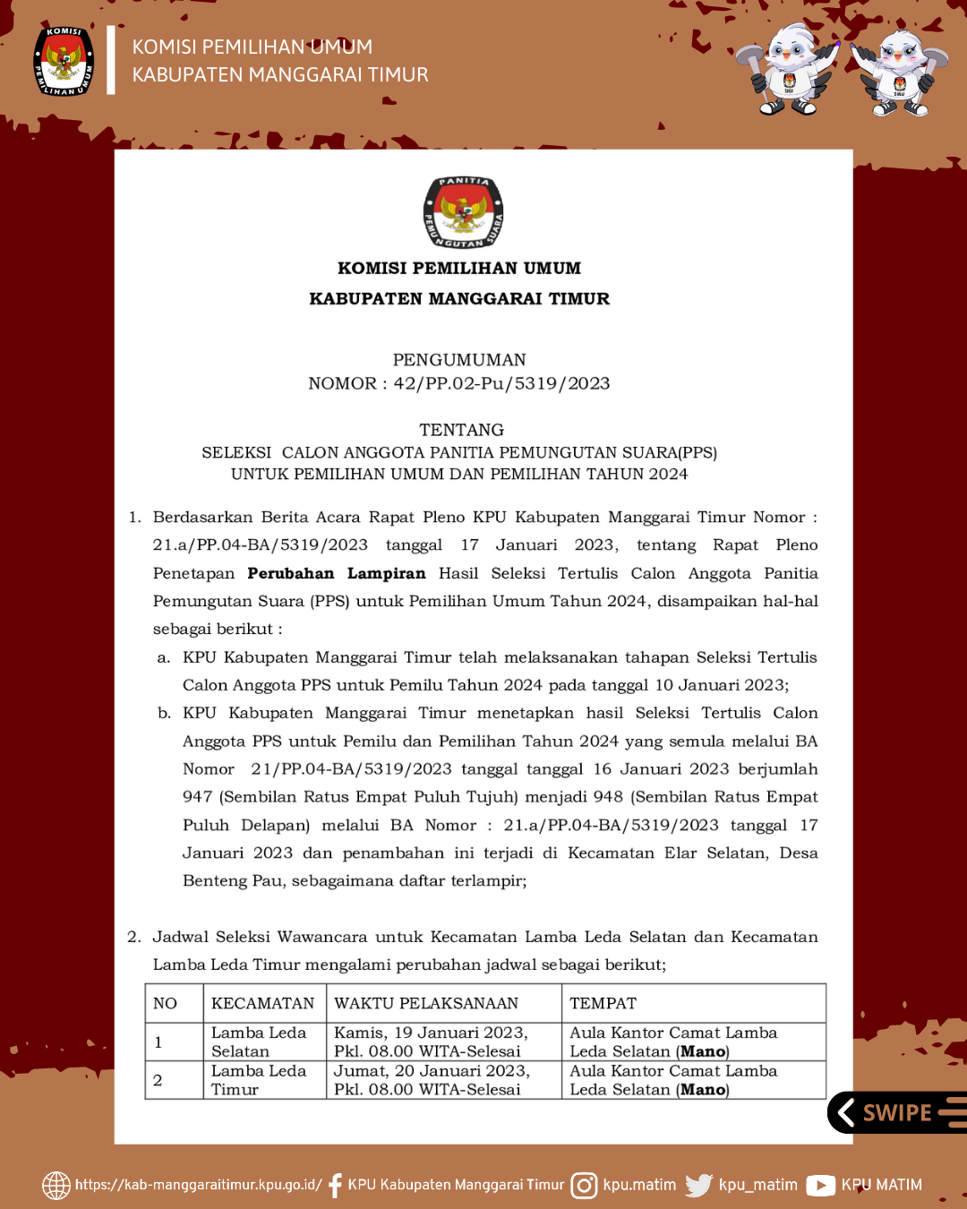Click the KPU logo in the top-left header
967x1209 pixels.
pyautogui.click(x=64, y=61)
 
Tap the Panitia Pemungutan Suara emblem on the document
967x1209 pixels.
pyautogui.click(x=463, y=212)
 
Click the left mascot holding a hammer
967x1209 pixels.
pyautogui.click(x=787, y=70)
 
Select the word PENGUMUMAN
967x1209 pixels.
pyautogui.click(x=459, y=360)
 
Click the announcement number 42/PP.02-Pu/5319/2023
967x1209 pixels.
pyautogui.click(x=501, y=383)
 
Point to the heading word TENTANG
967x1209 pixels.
pyautogui.click(x=461, y=430)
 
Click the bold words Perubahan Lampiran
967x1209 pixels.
pyautogui.click(x=337, y=573)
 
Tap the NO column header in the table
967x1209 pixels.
pyautogui.click(x=165, y=1003)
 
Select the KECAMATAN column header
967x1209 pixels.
pyautogui.click(x=262, y=1003)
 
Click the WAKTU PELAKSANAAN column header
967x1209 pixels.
pyautogui.click(x=426, y=1003)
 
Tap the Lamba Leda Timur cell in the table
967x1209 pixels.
pyautogui.click(x=258, y=1080)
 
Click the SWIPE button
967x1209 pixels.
pyautogui.click(x=895, y=1112)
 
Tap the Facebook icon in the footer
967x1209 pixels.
pyautogui.click(x=335, y=1185)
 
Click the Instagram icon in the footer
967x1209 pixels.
pyautogui.click(x=584, y=1185)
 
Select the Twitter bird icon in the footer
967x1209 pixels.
pyautogui.click(x=698, y=1185)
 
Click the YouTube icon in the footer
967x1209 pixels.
pyautogui.click(x=820, y=1185)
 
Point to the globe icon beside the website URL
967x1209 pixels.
pyautogui.click(x=56, y=1185)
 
